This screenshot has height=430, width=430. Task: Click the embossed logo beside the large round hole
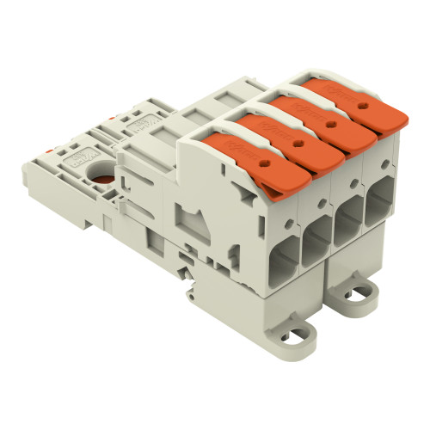pos(89,157)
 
